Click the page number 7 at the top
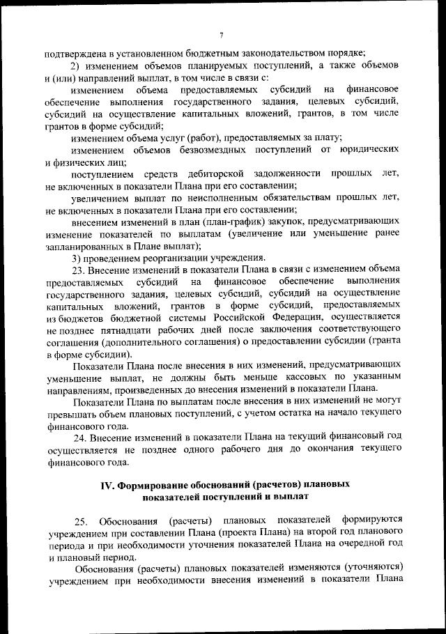point(221,36)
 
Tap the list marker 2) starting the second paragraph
point(77,65)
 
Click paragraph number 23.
point(79,270)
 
